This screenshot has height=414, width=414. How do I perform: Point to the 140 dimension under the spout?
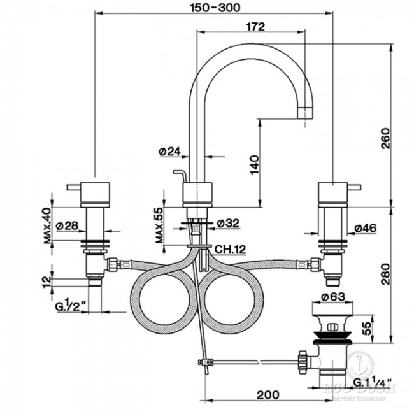point(253,165)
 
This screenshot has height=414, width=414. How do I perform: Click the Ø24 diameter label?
point(169,152)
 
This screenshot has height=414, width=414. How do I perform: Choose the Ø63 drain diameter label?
point(333,297)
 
